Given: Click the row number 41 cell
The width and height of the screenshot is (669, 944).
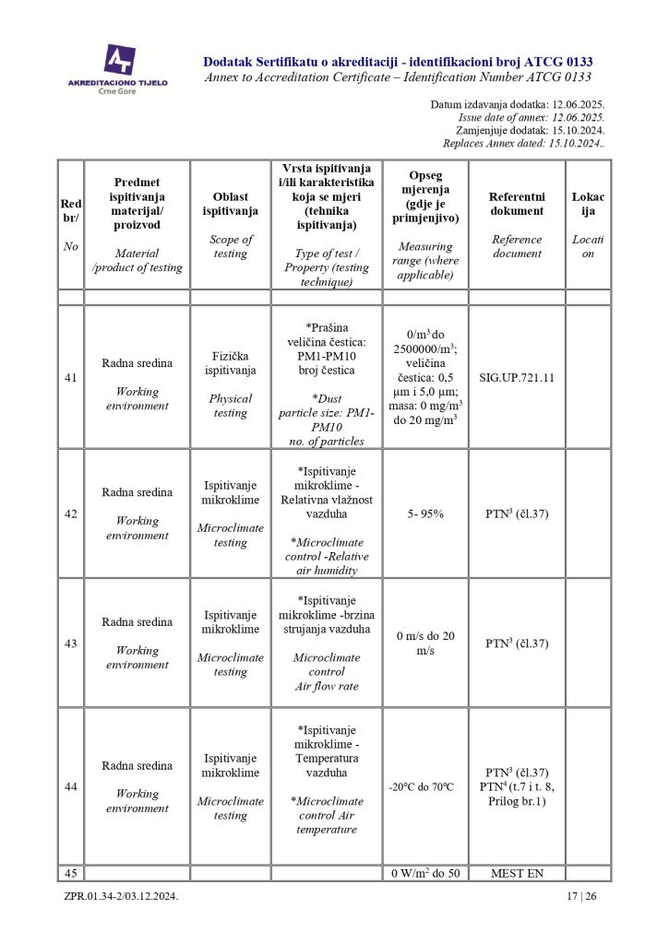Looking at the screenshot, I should pyautogui.click(x=71, y=377).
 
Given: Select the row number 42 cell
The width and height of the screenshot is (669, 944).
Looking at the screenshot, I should pyautogui.click(x=71, y=513).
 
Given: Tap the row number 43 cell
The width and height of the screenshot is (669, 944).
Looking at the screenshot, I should pyautogui.click(x=71, y=643).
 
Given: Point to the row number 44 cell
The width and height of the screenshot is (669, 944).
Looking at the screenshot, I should pyautogui.click(x=71, y=786).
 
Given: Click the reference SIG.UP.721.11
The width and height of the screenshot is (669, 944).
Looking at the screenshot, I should pyautogui.click(x=517, y=377).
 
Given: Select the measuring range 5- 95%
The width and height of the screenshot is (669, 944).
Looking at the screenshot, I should pyautogui.click(x=425, y=513).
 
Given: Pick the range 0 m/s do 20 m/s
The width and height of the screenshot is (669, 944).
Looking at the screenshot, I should pyautogui.click(x=425, y=643).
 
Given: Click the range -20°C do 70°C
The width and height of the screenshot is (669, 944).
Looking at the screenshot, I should pyautogui.click(x=425, y=786).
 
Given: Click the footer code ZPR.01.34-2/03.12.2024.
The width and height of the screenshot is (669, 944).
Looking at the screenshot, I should pyautogui.click(x=121, y=895).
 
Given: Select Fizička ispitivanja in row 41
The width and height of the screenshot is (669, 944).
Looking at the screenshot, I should pyautogui.click(x=230, y=377).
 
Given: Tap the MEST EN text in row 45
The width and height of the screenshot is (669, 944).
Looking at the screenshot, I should pyautogui.click(x=517, y=873).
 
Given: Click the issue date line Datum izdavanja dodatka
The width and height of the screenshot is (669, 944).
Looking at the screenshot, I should pyautogui.click(x=517, y=105).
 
